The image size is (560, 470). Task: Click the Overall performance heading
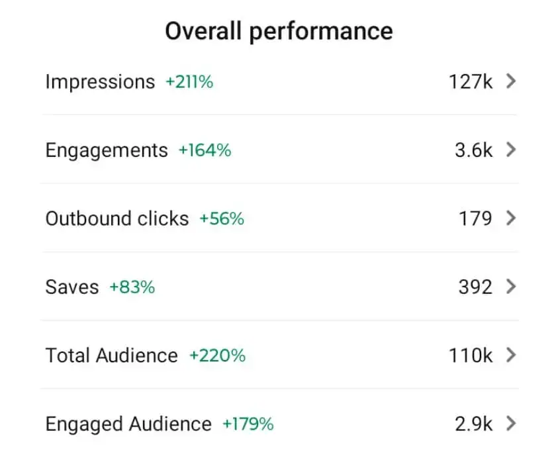pos(279,31)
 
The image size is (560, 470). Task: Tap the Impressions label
pos(100,82)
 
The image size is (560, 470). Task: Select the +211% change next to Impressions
pos(189,82)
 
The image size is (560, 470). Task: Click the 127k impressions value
pos(470,82)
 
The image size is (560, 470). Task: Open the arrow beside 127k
pos(510,81)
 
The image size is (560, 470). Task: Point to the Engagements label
pos(107,150)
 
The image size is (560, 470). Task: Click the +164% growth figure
pos(205,150)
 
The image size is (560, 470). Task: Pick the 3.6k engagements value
pos(473,150)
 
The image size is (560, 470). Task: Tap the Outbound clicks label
pos(117,218)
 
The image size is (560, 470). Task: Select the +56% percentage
pos(222,218)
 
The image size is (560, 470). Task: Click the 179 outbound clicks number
pos(475,218)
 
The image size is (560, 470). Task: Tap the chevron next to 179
pos(510,218)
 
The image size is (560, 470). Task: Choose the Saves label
pos(71,287)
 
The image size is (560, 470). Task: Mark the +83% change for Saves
pos(132,287)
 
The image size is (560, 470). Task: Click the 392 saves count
pos(475,287)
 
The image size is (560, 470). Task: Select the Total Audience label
pos(111,355)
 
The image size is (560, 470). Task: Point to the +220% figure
pos(217,355)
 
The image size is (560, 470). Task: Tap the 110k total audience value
pos(470,355)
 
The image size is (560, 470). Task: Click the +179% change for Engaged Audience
pos(248,424)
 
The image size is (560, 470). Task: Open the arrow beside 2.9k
pos(510,424)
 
